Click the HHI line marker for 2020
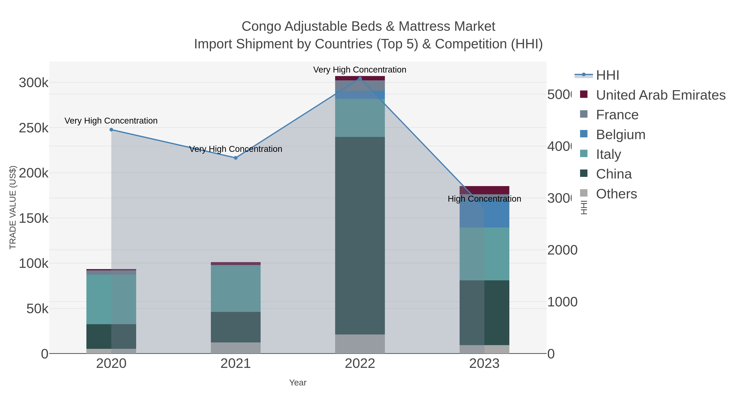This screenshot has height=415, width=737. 111,130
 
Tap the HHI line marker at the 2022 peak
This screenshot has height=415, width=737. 360,78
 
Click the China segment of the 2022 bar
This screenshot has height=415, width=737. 360,235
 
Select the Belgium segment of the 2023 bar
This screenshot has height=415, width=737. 497,213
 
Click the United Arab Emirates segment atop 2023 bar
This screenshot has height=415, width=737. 484,190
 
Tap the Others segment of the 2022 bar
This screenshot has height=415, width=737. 360,344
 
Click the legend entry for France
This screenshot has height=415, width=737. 617,115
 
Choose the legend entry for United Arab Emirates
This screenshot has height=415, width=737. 660,95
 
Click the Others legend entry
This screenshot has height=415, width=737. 616,194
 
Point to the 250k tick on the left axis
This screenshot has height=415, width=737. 34,128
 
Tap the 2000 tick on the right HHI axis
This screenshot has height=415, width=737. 562,250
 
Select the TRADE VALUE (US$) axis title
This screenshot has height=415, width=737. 13,207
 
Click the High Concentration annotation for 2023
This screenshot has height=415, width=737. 484,199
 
